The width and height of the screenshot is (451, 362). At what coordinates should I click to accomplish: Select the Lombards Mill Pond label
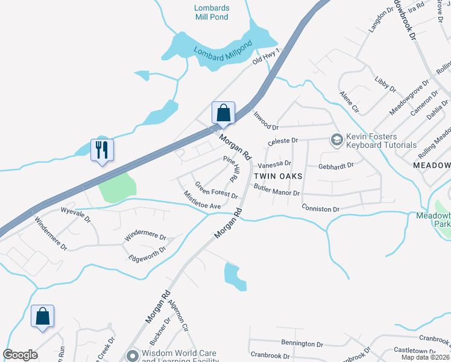[x=211, y=12]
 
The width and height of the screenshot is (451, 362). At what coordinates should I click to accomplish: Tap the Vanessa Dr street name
[x=274, y=164]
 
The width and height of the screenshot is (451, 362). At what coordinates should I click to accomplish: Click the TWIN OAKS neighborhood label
[x=278, y=176]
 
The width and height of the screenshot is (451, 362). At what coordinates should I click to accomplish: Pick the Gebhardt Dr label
[x=336, y=164]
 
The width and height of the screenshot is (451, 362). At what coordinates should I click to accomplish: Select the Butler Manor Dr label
[x=277, y=191]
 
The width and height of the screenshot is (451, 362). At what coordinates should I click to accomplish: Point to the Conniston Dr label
[x=321, y=209]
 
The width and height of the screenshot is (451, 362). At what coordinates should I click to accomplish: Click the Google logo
[x=20, y=355]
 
